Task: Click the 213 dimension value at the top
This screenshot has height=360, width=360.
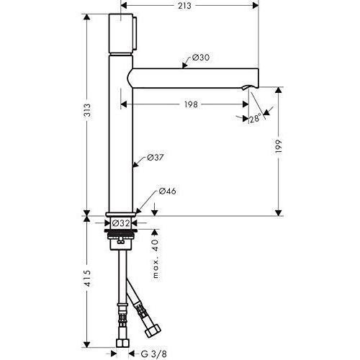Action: (x=184, y=6)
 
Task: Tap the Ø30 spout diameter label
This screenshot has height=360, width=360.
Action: (x=201, y=58)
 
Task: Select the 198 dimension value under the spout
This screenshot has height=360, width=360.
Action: (x=191, y=104)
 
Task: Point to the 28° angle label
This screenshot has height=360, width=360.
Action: (x=255, y=118)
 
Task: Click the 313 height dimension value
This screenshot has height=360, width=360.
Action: (x=88, y=110)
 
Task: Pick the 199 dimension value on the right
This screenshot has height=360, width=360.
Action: (x=279, y=146)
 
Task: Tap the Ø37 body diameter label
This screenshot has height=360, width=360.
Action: (x=156, y=158)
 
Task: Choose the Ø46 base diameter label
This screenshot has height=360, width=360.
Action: (x=167, y=191)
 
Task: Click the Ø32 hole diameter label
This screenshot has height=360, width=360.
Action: (x=121, y=223)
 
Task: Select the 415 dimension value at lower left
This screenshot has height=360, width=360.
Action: (x=88, y=278)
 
